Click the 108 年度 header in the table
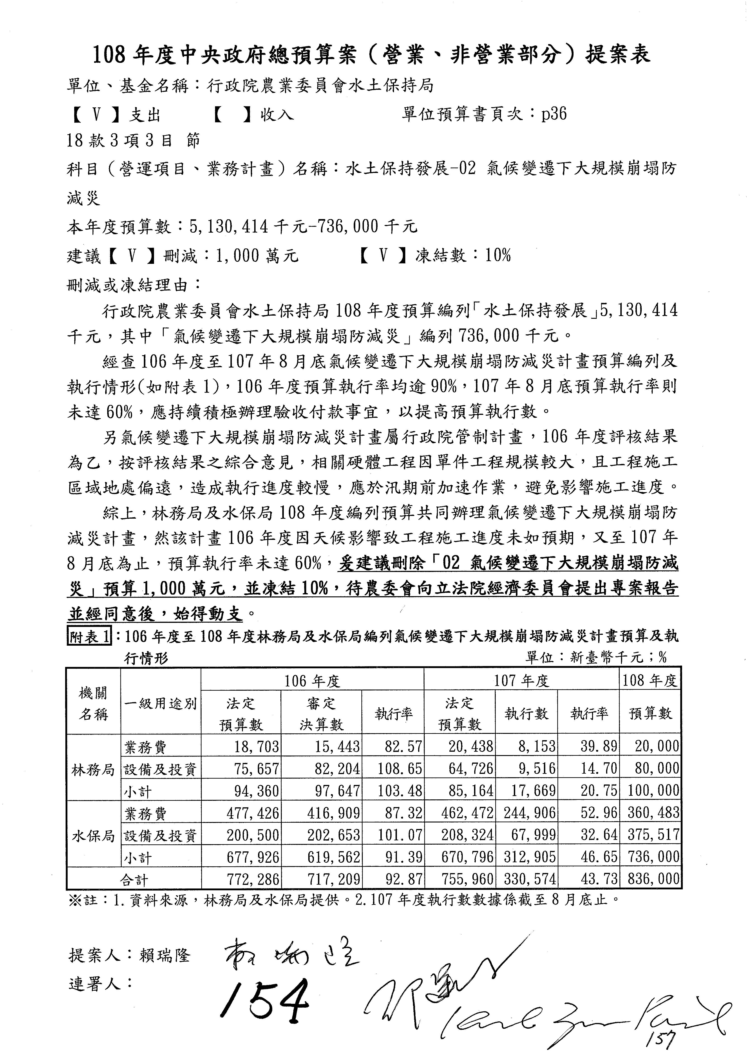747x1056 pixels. point(650,680)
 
